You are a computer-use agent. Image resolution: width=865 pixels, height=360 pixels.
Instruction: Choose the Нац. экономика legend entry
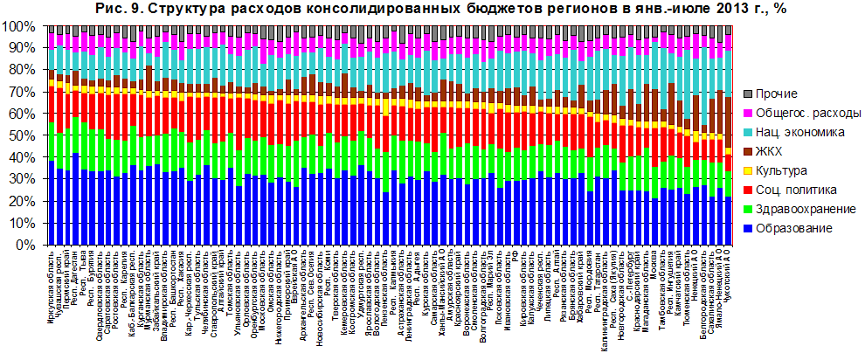tap(800, 132)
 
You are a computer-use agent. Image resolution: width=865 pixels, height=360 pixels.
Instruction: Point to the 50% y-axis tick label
tap(22, 135)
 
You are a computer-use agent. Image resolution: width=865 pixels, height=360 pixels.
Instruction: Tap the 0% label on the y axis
tap(25, 245)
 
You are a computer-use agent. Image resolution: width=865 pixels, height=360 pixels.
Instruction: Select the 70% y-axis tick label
tap(22, 92)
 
